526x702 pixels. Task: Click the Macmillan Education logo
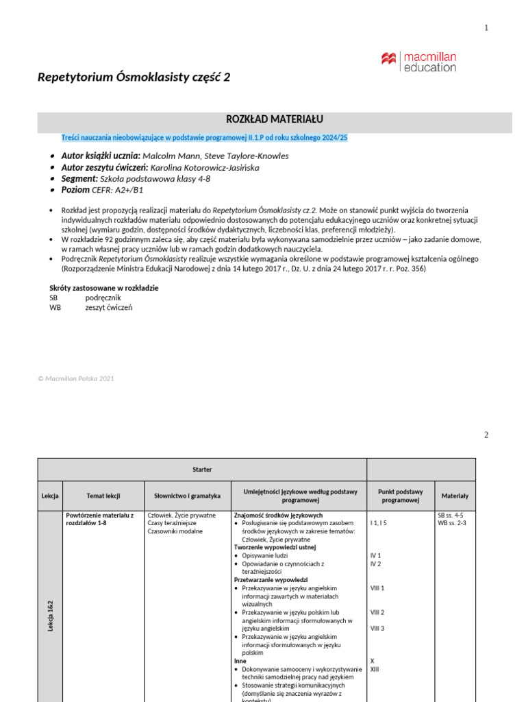(418, 60)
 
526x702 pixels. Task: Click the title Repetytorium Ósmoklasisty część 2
(134, 77)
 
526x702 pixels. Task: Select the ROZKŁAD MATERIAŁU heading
(274, 119)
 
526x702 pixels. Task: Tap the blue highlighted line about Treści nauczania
(204, 138)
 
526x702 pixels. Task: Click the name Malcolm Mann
(170, 156)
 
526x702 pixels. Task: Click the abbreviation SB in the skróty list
(53, 298)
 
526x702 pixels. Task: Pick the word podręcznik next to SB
(103, 298)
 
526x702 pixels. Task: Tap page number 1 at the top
(486, 27)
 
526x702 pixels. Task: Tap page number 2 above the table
(486, 435)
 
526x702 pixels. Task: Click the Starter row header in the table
(202, 470)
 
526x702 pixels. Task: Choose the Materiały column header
(455, 496)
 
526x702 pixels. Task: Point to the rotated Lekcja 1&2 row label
(51, 615)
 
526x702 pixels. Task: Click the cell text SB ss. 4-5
(451, 515)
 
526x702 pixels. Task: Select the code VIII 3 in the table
(377, 629)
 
